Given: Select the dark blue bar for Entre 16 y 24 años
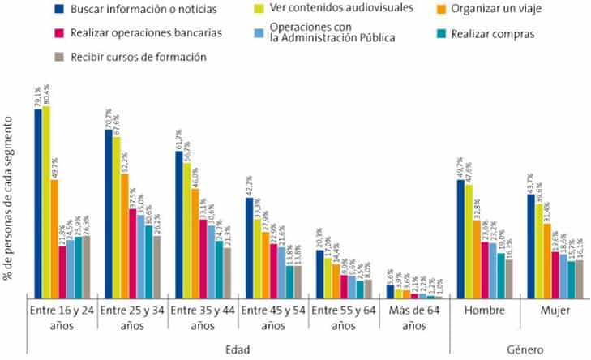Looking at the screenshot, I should click(x=38, y=204).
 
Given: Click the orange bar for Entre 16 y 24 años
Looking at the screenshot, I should click(x=54, y=238).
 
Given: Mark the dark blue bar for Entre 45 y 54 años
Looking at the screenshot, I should click(x=250, y=247).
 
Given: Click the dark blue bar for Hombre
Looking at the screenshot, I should click(x=460, y=239).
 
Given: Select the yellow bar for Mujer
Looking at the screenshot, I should click(x=539, y=251).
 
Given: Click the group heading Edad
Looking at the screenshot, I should click(x=238, y=349).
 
